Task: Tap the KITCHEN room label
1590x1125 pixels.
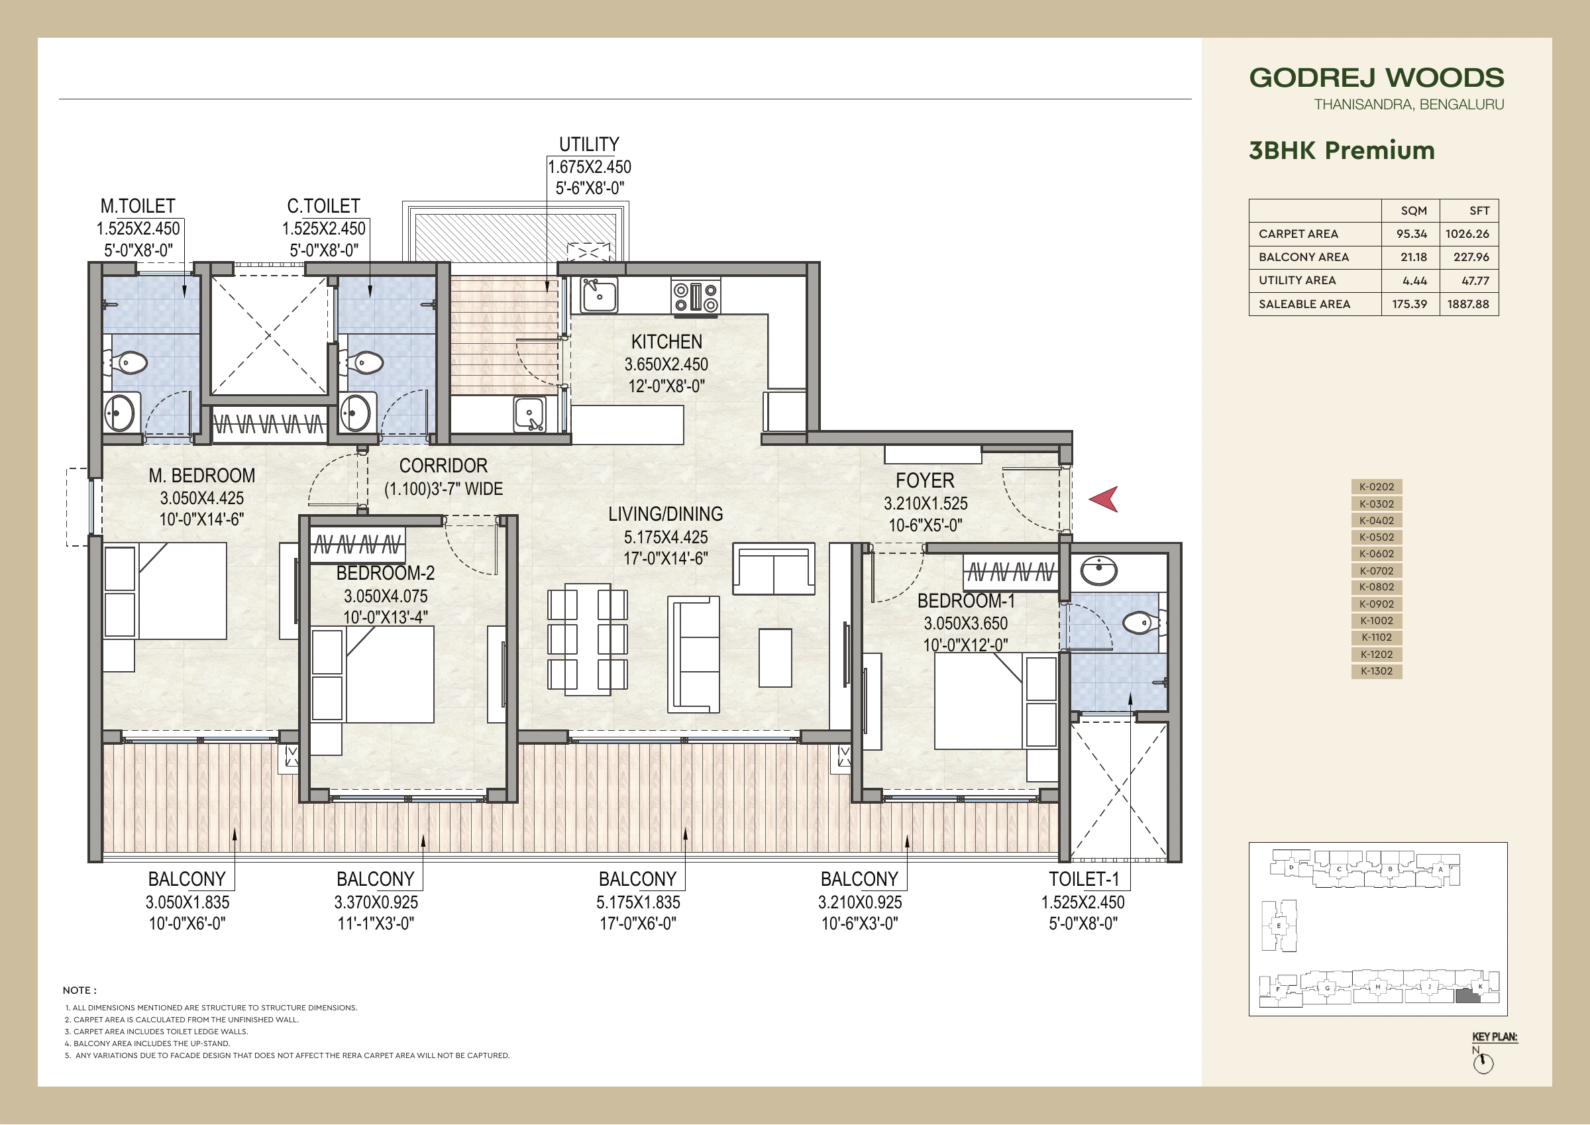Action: click(x=666, y=341)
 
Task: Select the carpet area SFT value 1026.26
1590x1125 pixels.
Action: click(x=1467, y=234)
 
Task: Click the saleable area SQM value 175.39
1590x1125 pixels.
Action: click(x=1409, y=304)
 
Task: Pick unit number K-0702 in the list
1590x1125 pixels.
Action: click(x=1377, y=571)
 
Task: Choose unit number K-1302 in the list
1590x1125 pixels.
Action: click(x=1377, y=671)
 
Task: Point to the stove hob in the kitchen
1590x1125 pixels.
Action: click(x=695, y=297)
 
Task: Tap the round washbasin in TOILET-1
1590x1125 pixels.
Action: click(x=1099, y=572)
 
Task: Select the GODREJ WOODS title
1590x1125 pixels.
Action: click(x=1377, y=78)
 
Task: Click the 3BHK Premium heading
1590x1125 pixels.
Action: click(x=1342, y=150)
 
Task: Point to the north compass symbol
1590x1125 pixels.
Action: click(x=1483, y=1062)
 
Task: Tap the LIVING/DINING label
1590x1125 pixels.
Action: click(x=666, y=514)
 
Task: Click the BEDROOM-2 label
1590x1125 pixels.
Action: click(x=385, y=573)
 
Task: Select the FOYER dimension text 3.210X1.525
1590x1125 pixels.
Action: click(x=926, y=504)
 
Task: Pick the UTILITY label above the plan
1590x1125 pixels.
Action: click(x=589, y=144)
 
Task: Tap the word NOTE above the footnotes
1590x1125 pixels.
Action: click(x=79, y=991)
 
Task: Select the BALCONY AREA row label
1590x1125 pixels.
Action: click(x=1303, y=258)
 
